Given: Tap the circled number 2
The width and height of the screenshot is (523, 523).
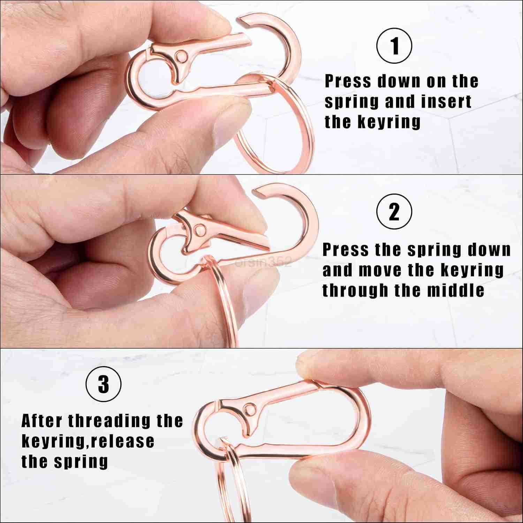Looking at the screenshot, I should [394, 212].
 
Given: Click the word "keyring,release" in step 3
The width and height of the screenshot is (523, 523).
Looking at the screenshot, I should [88, 441].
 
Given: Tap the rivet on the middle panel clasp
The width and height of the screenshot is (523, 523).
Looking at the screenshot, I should [200, 230].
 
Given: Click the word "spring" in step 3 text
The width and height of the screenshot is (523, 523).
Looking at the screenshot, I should [81, 462].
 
